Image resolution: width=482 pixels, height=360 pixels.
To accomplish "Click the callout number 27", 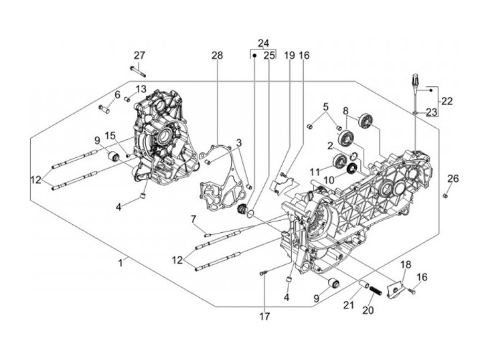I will (x=139, y=56).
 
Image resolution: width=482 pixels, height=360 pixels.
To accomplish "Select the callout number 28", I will (x=217, y=56).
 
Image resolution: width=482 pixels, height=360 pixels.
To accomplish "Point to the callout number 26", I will (x=453, y=179).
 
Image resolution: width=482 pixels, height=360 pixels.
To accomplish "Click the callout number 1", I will (x=121, y=263).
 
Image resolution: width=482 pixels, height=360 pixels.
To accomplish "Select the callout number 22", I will (x=447, y=101).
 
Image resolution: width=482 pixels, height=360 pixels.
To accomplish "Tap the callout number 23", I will (x=431, y=112).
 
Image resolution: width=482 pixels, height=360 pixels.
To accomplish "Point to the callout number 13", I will (x=141, y=89).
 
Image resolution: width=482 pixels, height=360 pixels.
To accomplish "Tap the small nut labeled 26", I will (x=446, y=195).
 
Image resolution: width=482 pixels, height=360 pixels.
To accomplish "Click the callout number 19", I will (x=289, y=56).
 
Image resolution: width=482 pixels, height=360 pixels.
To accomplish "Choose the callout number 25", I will (x=269, y=56).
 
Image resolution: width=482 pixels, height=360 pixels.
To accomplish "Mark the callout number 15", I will (x=110, y=136).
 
